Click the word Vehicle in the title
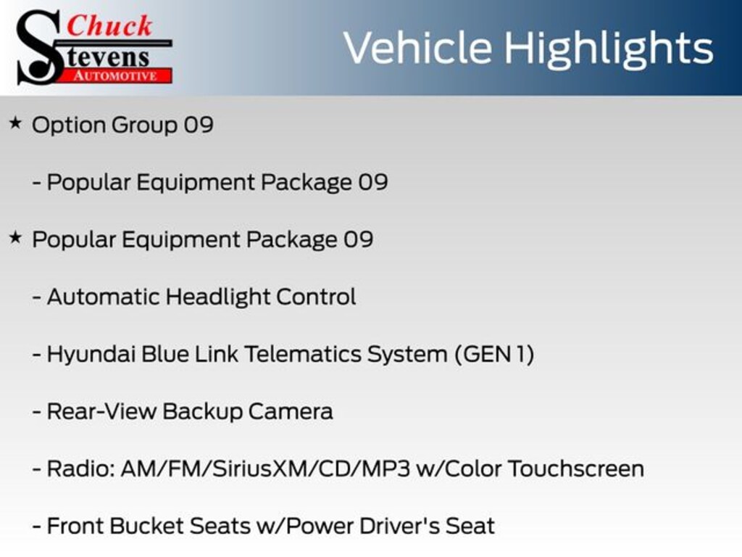click(417, 48)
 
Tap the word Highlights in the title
click(609, 48)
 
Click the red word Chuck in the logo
click(109, 25)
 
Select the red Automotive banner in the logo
click(120, 75)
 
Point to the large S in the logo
click(38, 48)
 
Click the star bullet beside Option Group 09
click(15, 123)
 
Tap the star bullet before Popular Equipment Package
click(15, 237)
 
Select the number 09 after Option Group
click(199, 125)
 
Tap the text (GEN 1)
click(494, 354)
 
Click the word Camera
click(291, 411)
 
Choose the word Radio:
click(80, 469)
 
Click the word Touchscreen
click(575, 469)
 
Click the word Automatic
click(104, 297)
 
